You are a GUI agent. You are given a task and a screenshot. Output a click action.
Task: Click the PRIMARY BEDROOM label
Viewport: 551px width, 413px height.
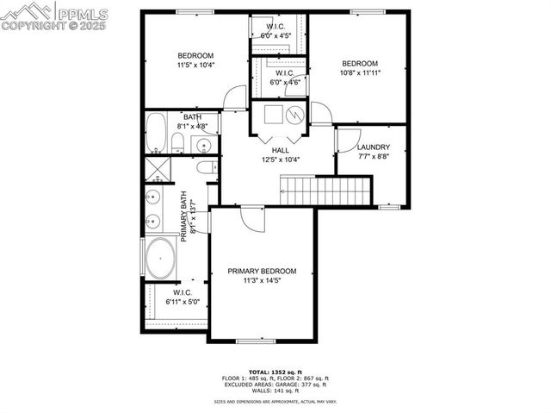[262, 271]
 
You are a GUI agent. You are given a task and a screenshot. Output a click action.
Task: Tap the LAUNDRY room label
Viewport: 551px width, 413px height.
[374, 147]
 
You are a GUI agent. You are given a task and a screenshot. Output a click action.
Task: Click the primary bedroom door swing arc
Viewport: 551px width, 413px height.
[250, 218]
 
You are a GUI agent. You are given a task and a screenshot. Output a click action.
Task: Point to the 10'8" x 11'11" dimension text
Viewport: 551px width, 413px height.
[360, 73]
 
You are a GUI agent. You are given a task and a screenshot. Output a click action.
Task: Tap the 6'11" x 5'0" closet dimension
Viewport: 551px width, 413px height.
[183, 303]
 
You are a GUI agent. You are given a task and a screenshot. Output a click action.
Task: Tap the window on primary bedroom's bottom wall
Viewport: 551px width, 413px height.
[261, 341]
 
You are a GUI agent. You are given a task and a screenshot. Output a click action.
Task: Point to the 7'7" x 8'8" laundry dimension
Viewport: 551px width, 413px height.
[374, 157]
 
